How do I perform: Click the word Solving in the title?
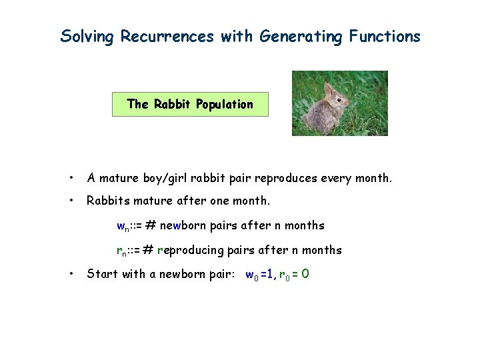(87, 37)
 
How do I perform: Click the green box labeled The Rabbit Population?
(190, 104)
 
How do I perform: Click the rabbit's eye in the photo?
(337, 97)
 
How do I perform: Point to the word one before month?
(221, 200)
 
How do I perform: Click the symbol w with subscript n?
(123, 226)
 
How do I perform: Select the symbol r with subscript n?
(122, 251)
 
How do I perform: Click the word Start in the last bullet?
(101, 274)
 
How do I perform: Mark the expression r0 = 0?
(293, 274)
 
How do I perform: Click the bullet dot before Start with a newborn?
(71, 274)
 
